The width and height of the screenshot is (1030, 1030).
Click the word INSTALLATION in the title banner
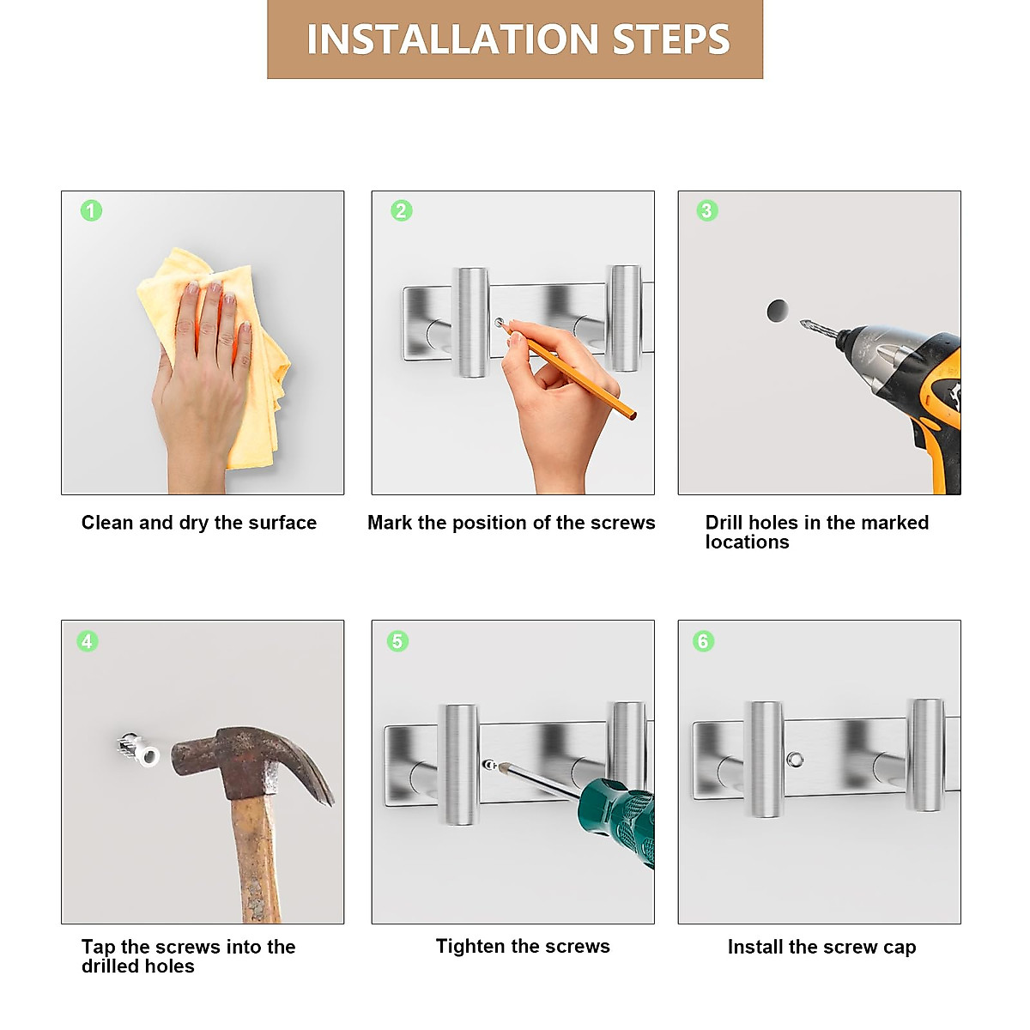point(452,39)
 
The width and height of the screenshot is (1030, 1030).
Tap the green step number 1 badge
point(91,210)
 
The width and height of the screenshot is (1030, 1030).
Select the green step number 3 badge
point(707,210)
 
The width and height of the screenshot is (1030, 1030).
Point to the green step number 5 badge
point(397,641)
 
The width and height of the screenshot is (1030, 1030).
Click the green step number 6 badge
point(704,641)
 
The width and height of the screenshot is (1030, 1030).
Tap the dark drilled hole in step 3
point(777,311)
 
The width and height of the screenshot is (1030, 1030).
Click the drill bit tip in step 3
point(802,323)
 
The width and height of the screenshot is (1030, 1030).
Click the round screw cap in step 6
point(795,760)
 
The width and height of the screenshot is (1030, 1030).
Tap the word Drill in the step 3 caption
point(722,522)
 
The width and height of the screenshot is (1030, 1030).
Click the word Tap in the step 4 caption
point(99,948)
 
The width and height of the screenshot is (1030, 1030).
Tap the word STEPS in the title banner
point(671,39)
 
